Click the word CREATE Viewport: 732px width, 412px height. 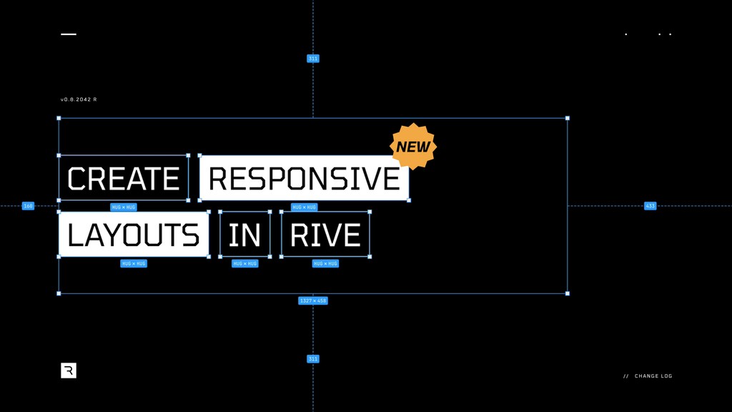[123, 178]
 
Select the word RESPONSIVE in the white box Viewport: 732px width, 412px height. [304, 178]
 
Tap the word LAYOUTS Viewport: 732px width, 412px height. [134, 235]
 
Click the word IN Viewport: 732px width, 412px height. [244, 235]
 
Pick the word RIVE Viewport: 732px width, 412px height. [325, 235]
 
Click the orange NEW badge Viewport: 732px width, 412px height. [413, 147]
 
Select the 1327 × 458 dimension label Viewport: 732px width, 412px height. [313, 300]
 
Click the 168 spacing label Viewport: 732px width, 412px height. [28, 206]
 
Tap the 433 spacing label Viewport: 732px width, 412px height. [650, 206]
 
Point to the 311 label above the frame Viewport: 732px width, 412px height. [313, 59]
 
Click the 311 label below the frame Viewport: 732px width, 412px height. [313, 358]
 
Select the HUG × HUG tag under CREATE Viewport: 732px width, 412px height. [123, 207]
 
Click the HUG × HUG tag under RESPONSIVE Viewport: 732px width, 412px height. [304, 207]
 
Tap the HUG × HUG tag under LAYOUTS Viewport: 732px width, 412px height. [134, 263]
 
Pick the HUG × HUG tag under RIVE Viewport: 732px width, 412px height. [325, 263]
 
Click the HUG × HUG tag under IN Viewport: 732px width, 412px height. [244, 263]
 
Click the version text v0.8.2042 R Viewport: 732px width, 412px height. [79, 99]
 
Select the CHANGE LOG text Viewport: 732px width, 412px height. [653, 376]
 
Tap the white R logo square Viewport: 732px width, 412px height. [69, 371]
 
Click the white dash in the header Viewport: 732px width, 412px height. [69, 34]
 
